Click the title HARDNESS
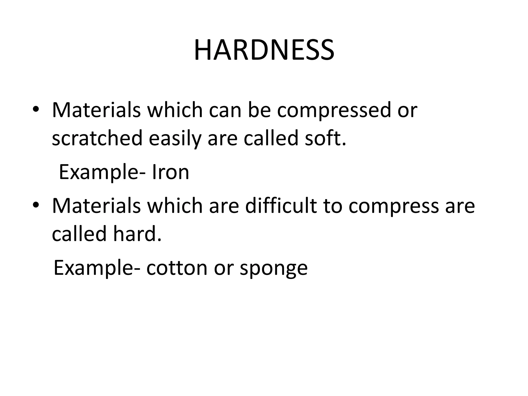pyautogui.click(x=264, y=50)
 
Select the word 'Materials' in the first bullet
pyautogui.click(x=96, y=110)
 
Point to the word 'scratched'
pyautogui.click(x=97, y=138)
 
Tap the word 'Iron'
pyautogui.click(x=170, y=172)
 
